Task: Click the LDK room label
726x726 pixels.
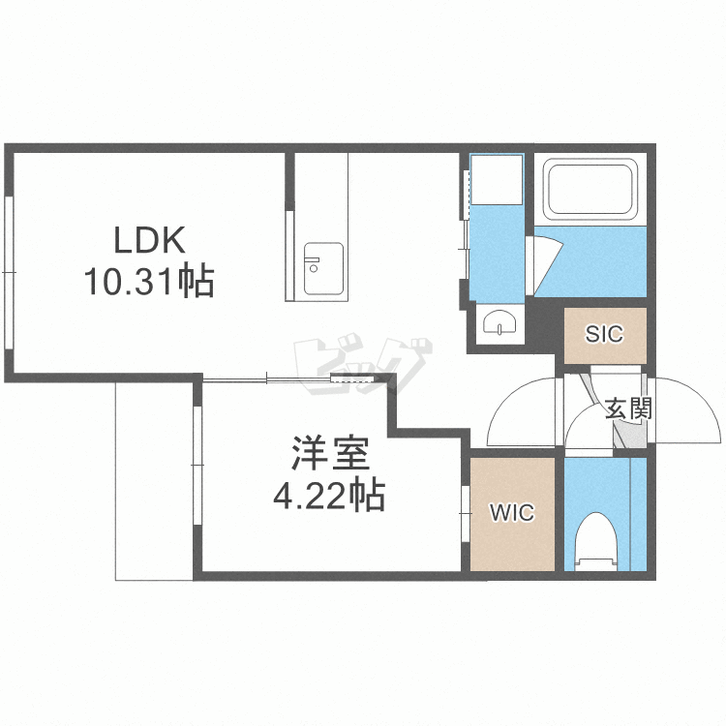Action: click(x=149, y=239)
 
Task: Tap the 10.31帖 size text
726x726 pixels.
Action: click(x=149, y=280)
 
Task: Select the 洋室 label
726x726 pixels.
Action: click(x=330, y=454)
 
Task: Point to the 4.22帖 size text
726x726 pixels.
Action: click(x=329, y=495)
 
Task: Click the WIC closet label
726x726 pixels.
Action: click(x=512, y=512)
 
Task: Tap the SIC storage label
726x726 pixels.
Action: click(x=605, y=333)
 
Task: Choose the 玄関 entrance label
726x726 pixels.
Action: click(x=628, y=408)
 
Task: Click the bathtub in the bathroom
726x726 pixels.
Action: click(x=590, y=190)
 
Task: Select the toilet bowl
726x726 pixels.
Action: click(x=596, y=542)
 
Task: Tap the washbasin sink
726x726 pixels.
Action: click(x=499, y=322)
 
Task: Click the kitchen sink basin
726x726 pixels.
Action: click(x=323, y=269)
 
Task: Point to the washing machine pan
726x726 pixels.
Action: click(x=497, y=180)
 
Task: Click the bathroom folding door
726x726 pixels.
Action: click(x=543, y=265)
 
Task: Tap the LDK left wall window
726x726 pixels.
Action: click(x=9, y=273)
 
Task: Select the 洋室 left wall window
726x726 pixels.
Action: click(x=197, y=465)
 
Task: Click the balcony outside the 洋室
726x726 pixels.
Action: click(x=154, y=480)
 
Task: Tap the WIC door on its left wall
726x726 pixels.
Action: click(x=466, y=513)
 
